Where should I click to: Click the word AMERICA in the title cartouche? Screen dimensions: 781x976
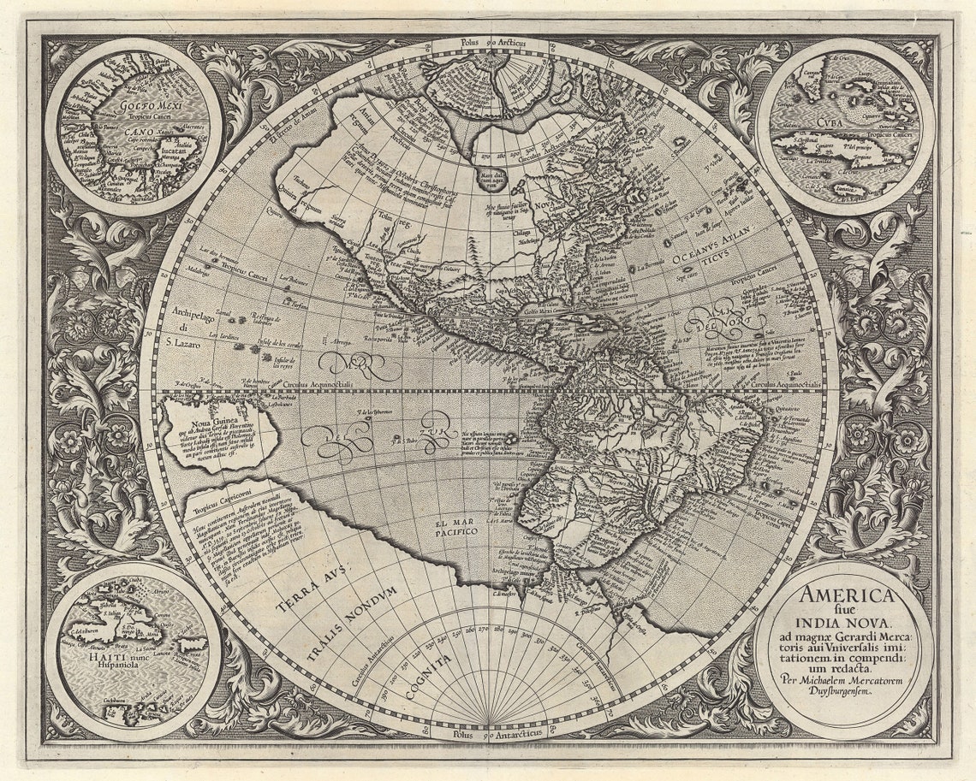coord(847,595)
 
